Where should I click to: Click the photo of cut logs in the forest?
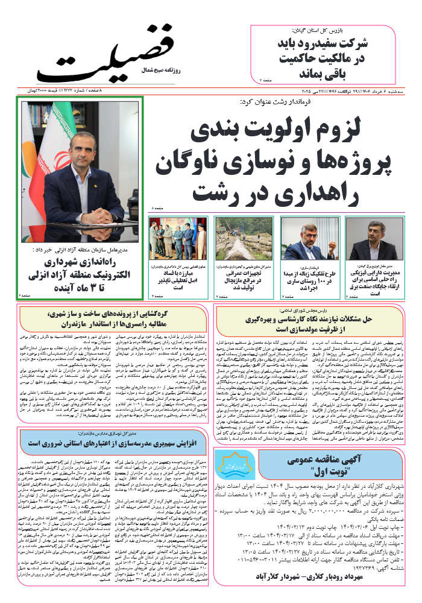244,238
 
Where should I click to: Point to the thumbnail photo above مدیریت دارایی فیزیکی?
380,238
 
